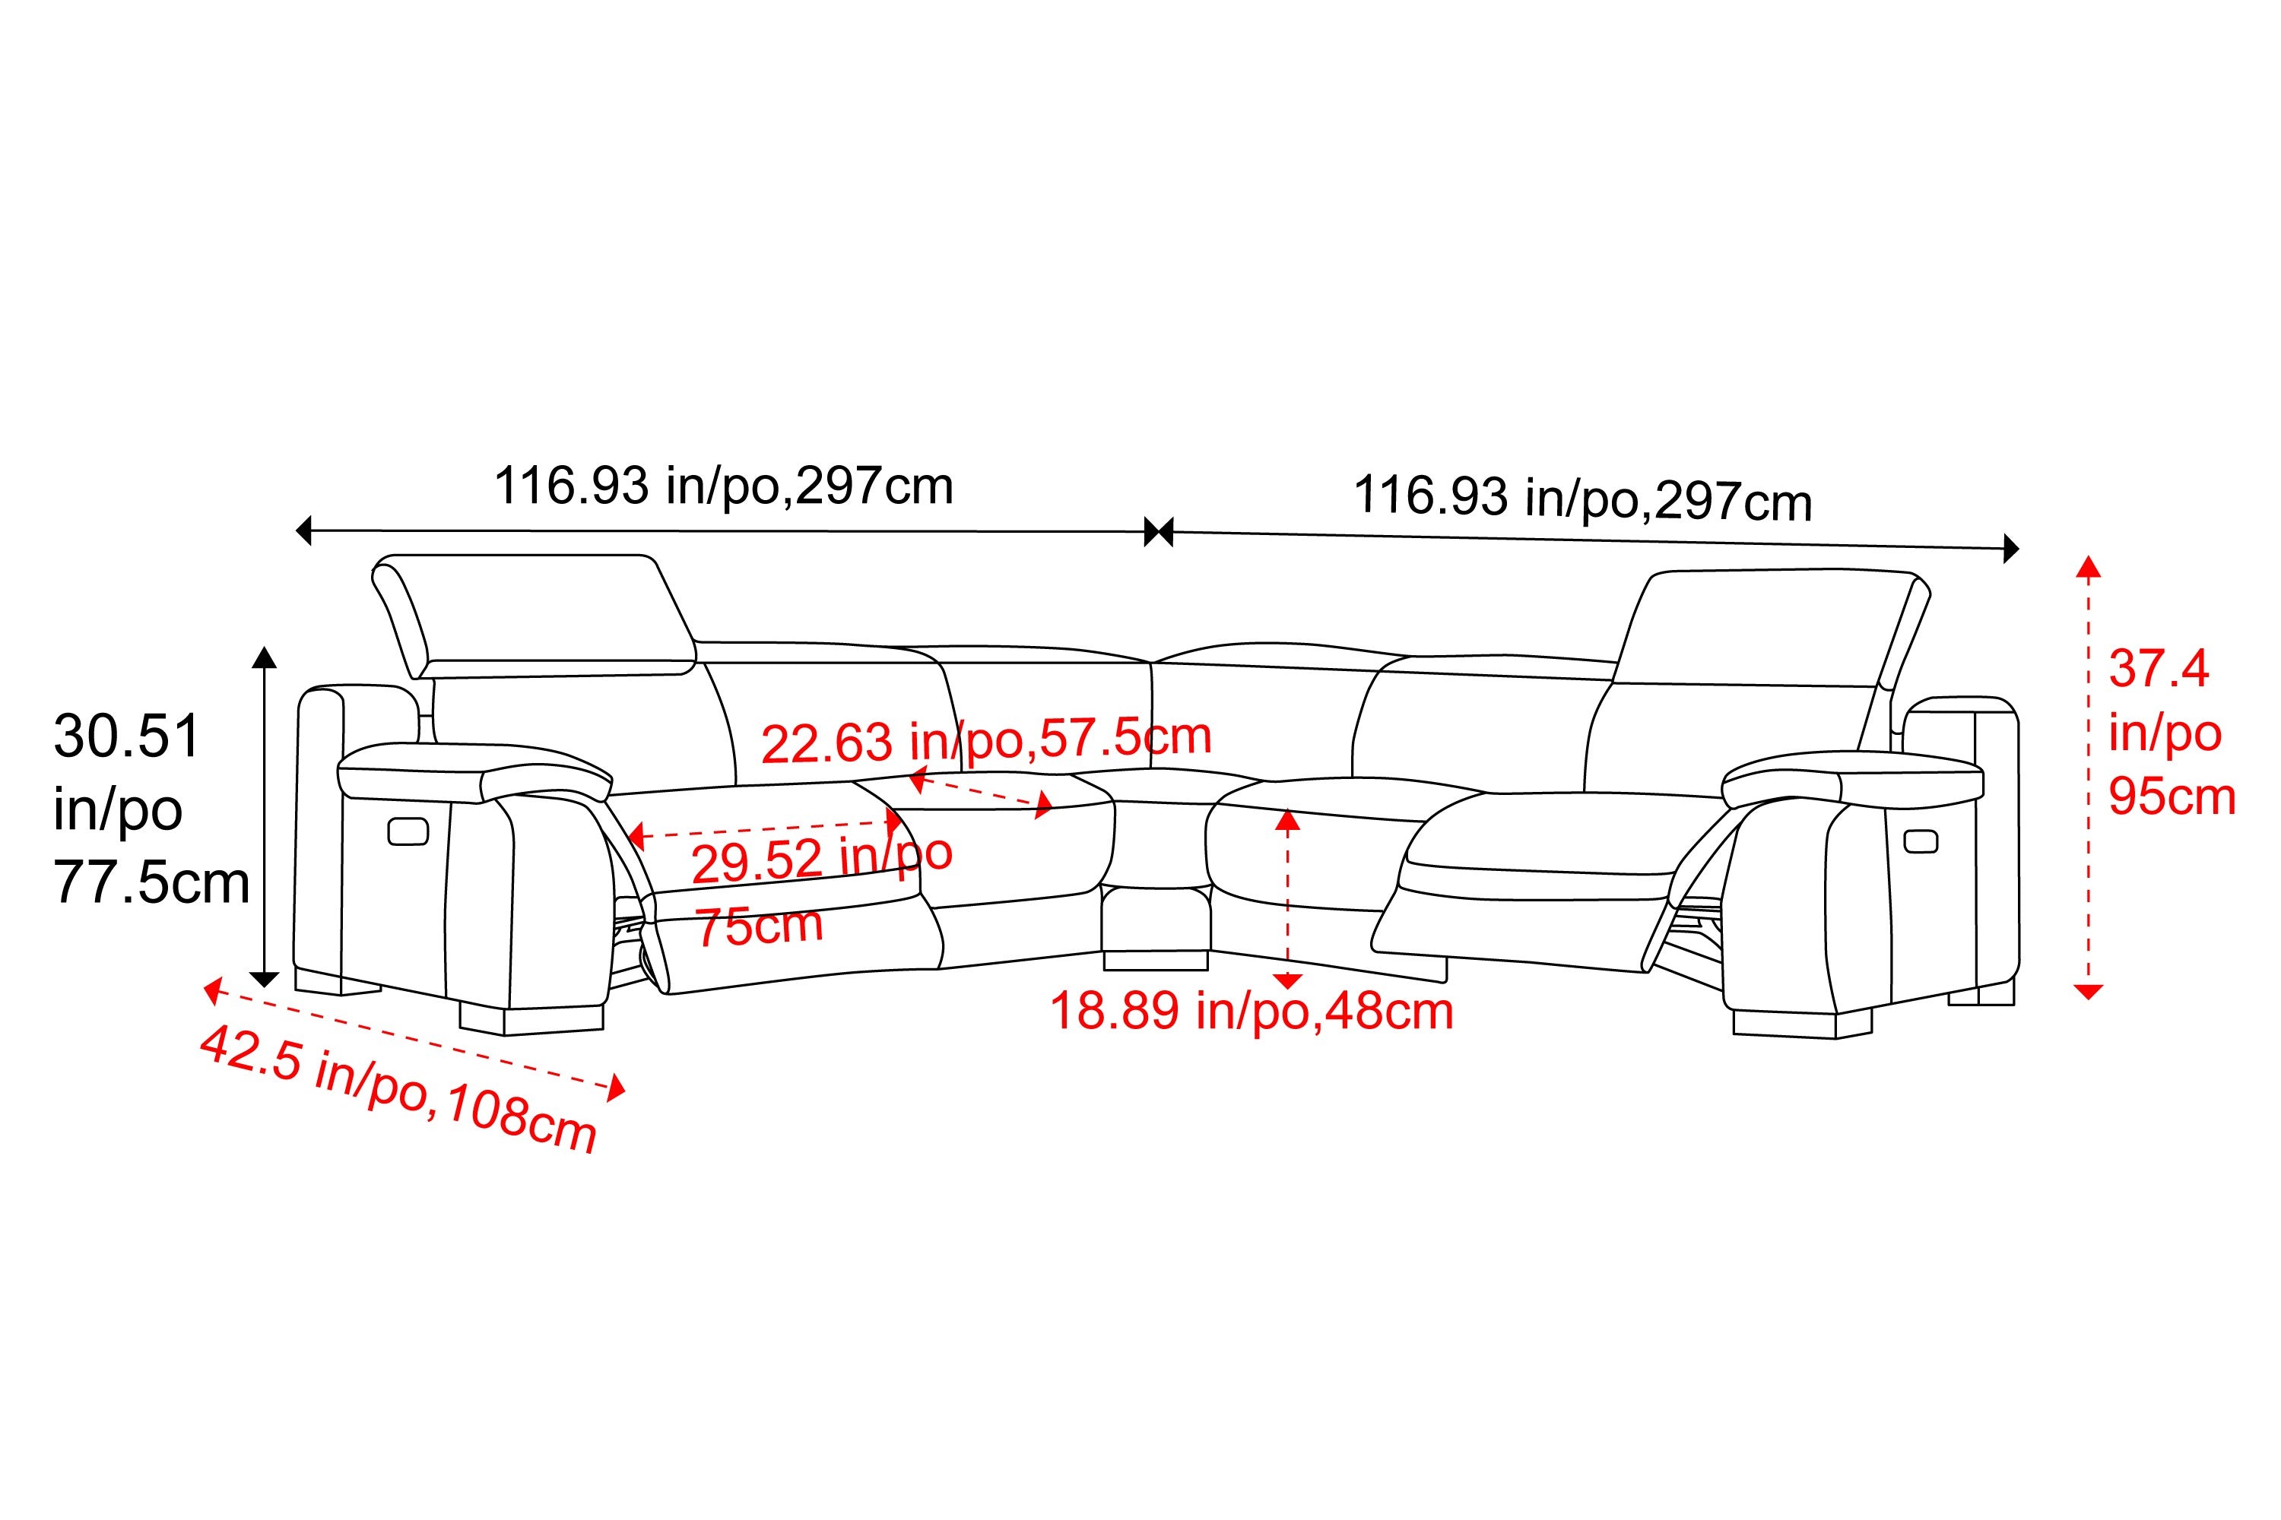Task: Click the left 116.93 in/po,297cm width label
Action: click(x=724, y=486)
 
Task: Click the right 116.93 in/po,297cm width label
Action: click(x=1583, y=499)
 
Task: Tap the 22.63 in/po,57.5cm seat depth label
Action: click(x=986, y=740)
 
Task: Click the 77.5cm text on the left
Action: click(x=151, y=883)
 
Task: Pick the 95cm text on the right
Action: click(x=2172, y=796)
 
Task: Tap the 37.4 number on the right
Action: click(x=2159, y=669)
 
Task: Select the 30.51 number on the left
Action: click(x=127, y=736)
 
